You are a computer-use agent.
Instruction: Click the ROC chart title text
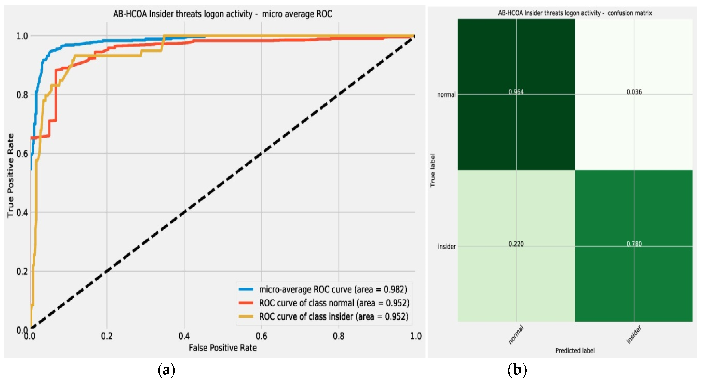223,14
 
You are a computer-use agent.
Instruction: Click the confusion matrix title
575,13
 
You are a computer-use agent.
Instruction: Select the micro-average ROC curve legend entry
332,289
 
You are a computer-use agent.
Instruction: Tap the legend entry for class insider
333,317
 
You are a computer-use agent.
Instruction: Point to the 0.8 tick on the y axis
22,95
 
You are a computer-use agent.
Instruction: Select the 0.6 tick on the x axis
261,336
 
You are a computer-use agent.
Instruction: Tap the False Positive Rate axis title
223,348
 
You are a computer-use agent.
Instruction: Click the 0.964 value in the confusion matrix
516,92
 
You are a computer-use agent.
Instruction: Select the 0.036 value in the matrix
634,92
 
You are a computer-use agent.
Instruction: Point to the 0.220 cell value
516,244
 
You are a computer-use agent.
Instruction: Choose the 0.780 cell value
634,244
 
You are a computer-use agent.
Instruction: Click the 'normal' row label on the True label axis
446,95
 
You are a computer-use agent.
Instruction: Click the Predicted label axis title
575,351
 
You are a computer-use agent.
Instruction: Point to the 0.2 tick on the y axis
22,271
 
